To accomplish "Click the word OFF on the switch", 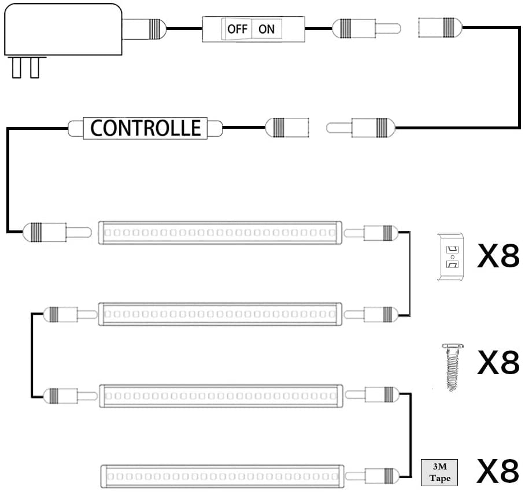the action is [238, 29].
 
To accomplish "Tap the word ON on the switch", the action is [267, 29].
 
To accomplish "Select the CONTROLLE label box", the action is [145, 128].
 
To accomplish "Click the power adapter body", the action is [63, 29].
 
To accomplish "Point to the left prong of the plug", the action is [16, 67].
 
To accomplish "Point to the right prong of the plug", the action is [35, 67].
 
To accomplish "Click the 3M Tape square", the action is [439, 472].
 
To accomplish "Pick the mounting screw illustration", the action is [452, 367].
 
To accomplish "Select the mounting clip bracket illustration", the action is [450, 257].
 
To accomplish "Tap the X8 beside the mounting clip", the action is [498, 256].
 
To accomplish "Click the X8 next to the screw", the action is [498, 363].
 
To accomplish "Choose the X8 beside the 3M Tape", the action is [498, 471].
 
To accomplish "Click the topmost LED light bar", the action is [220, 233].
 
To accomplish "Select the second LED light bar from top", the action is [220, 314].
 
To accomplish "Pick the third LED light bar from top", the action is [221, 396].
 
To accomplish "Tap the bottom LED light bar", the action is [223, 476].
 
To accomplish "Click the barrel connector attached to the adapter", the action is [145, 29].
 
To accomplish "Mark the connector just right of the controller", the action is [287, 128].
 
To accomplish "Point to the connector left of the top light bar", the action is [57, 232].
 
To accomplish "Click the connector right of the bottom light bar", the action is [372, 475].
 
